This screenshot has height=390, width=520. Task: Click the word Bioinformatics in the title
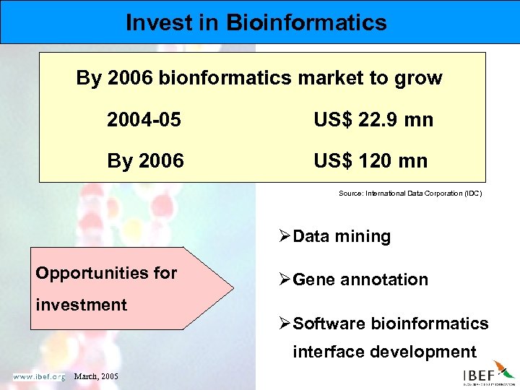pyautogui.click(x=306, y=22)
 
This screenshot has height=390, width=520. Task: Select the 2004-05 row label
pyautogui.click(x=144, y=120)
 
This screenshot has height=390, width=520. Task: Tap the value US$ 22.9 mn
pyautogui.click(x=373, y=120)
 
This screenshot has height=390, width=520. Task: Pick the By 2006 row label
pyautogui.click(x=145, y=160)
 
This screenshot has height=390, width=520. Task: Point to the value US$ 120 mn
pyautogui.click(x=370, y=160)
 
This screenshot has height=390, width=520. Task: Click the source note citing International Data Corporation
pyautogui.click(x=409, y=194)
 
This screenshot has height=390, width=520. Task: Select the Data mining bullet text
pyautogui.click(x=342, y=236)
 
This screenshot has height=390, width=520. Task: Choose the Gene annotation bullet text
pyautogui.click(x=360, y=279)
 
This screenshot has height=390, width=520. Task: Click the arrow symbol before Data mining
pyautogui.click(x=285, y=236)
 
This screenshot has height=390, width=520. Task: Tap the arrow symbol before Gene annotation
pyautogui.click(x=285, y=279)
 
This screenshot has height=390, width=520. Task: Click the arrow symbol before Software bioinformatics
pyautogui.click(x=285, y=324)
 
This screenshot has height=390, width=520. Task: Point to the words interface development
pyautogui.click(x=384, y=352)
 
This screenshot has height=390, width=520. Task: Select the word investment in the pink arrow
pyautogui.click(x=81, y=305)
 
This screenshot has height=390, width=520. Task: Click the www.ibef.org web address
pyautogui.click(x=38, y=377)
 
